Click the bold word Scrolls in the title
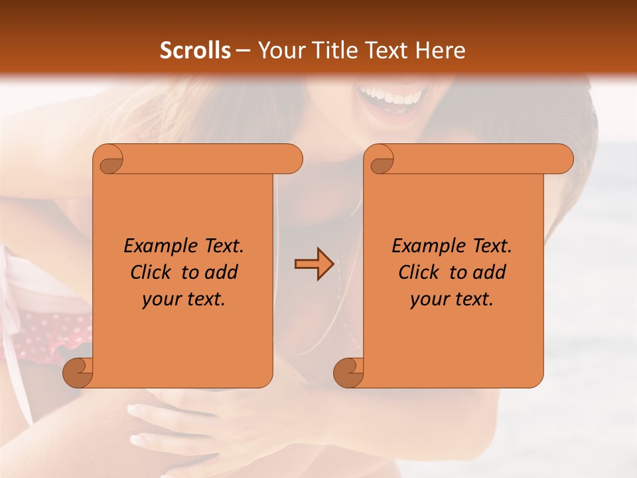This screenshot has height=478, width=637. (195, 50)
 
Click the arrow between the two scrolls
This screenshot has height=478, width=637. (314, 264)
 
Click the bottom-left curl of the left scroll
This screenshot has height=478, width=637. (78, 372)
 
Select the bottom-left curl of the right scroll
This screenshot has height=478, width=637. (348, 372)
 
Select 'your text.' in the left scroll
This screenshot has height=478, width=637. (183, 299)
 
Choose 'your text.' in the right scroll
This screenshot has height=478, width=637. (451, 299)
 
